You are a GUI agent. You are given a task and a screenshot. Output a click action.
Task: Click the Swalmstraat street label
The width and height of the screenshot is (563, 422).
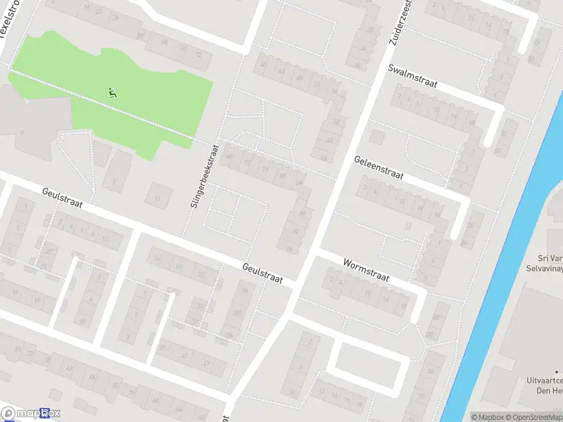click(412, 76)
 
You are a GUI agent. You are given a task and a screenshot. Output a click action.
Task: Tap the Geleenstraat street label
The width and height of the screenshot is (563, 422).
click(379, 167)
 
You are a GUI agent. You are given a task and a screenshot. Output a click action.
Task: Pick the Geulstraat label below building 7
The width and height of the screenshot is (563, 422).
click(62, 198)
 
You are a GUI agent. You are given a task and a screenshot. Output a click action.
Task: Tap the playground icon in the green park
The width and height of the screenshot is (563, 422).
click(112, 92)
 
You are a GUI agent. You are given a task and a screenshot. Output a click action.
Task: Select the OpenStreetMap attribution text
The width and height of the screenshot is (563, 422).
click(532, 417)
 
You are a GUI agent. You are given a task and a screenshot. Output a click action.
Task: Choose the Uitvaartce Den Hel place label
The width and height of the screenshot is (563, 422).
click(544, 385)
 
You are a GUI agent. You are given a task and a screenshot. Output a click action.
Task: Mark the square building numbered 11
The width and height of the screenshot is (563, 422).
click(158, 195)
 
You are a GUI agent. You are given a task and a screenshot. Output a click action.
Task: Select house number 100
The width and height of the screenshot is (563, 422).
click(236, 312)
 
